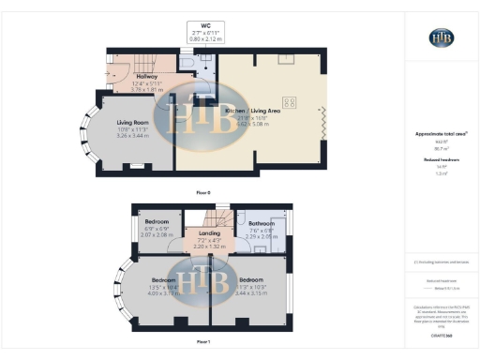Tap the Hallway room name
point(145,77)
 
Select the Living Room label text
point(135,122)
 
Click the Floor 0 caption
point(203,192)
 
